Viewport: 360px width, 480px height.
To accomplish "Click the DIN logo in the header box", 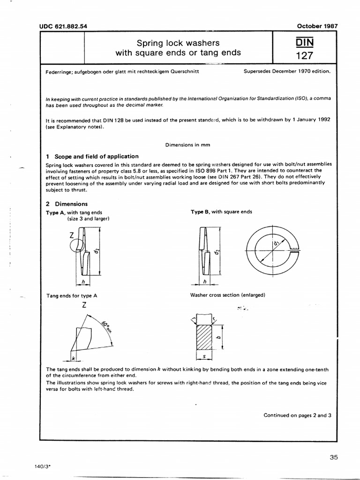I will tap(305, 43).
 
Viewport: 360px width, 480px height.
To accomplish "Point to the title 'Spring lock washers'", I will tap(178, 43).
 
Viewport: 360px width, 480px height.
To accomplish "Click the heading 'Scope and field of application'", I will tap(97, 156).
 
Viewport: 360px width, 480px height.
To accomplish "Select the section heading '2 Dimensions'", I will tap(67, 204).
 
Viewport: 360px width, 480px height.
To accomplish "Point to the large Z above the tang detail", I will tap(84, 305).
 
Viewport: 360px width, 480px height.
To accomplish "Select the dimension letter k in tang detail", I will tap(74, 358).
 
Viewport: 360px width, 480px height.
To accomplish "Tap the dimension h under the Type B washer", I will tap(204, 281).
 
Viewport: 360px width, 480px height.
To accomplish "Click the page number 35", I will tap(333, 457).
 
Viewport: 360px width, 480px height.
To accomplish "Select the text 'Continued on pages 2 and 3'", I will tap(297, 415).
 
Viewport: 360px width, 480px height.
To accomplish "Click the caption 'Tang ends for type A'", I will tap(72, 295).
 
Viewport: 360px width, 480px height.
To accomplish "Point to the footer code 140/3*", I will tap(43, 467).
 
